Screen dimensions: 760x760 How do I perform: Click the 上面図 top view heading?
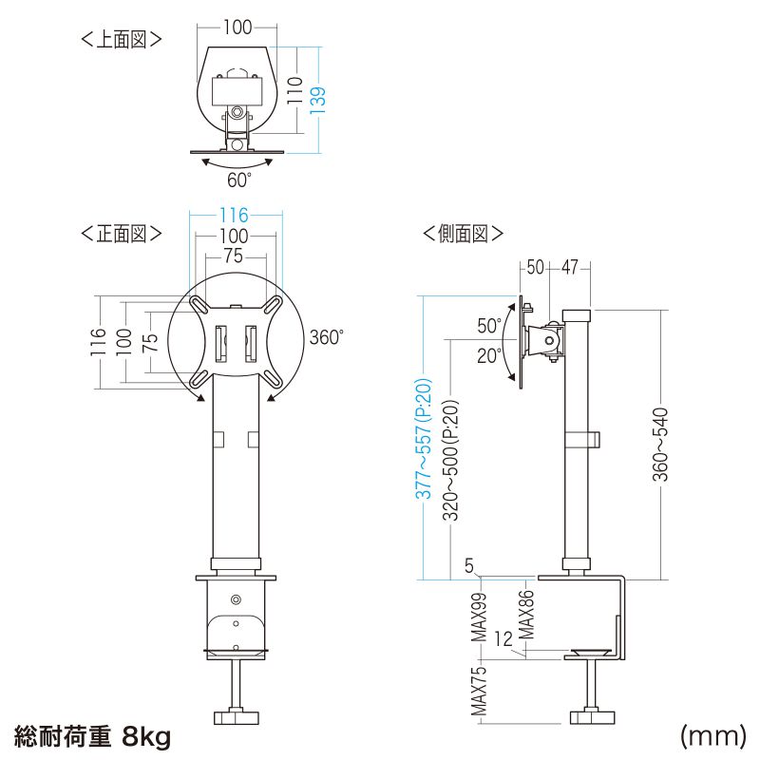click(x=121, y=39)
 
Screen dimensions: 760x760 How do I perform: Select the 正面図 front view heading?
click(x=121, y=233)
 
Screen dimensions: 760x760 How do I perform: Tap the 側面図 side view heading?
click(x=463, y=233)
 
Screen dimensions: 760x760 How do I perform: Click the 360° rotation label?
click(x=326, y=337)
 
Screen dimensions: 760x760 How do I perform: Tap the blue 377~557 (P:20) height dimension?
click(x=426, y=439)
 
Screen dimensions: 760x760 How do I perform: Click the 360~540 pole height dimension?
click(x=661, y=446)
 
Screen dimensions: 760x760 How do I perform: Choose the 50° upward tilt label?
click(x=489, y=326)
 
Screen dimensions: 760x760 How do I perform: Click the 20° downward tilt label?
click(x=489, y=355)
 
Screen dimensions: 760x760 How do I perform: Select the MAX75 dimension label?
click(x=480, y=691)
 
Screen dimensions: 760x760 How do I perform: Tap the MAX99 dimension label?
click(x=480, y=617)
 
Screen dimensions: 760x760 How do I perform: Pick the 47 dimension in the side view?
click(x=570, y=267)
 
